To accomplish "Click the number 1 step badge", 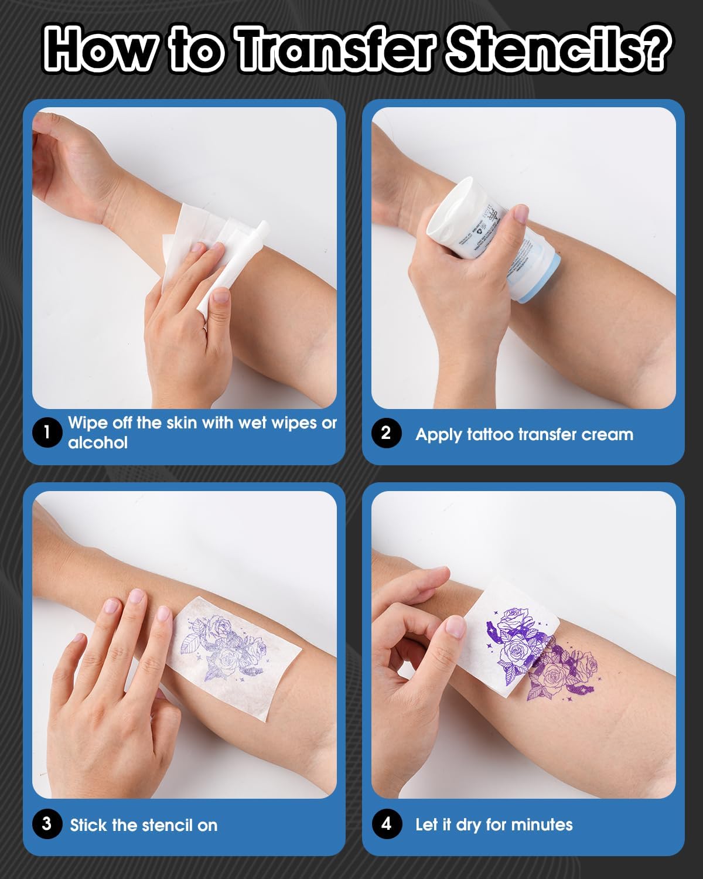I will click(47, 432).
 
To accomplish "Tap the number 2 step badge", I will click(386, 433).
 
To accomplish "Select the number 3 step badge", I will click(47, 824).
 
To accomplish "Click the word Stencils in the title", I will click(557, 50).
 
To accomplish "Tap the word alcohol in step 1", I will click(98, 442).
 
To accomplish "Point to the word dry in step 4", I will click(469, 825).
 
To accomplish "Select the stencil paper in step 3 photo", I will click(234, 656).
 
